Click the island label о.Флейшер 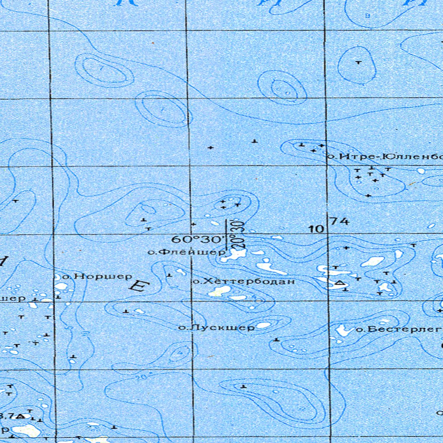coord(187,251)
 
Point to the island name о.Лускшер coord(216,327)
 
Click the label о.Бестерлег coord(398,330)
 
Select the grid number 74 coord(339,221)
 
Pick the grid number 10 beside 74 coord(317,229)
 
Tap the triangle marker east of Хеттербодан coord(340,283)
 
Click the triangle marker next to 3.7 coord(19,416)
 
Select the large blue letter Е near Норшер coord(139,286)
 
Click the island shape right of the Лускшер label coord(263,324)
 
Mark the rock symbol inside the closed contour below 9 coord(358,63)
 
